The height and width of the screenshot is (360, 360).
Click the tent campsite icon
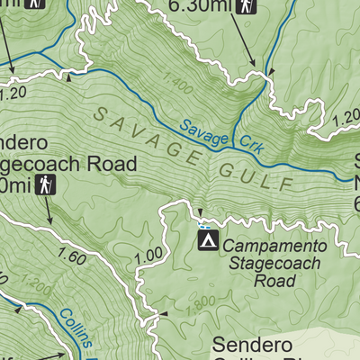click(208, 240)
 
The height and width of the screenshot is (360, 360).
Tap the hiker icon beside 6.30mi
click(246, 7)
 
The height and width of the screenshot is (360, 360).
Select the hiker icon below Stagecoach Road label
click(49, 186)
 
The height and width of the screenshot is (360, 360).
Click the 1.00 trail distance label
click(145, 255)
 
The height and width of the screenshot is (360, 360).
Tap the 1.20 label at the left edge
click(11, 91)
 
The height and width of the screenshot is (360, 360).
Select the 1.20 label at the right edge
click(346, 118)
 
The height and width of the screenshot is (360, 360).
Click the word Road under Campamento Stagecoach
click(274, 282)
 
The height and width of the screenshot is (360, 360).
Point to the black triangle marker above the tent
click(201, 213)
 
